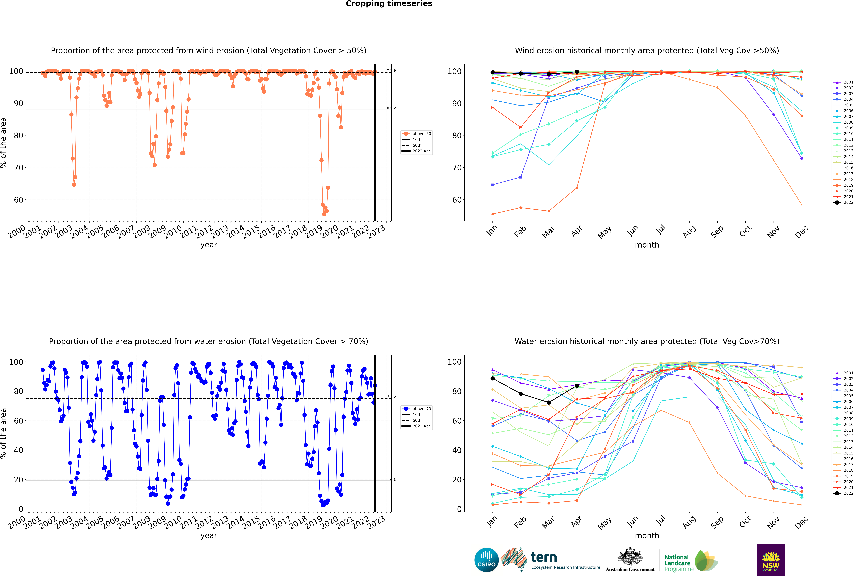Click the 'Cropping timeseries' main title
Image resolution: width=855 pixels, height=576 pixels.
[389, 4]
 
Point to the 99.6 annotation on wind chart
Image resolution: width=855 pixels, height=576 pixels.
[392, 71]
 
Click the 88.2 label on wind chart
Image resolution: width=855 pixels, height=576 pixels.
[392, 107]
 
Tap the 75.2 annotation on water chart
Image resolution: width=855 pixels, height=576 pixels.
[392, 396]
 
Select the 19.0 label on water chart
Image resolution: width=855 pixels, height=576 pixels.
[392, 479]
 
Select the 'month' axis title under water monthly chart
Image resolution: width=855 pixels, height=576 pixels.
[647, 536]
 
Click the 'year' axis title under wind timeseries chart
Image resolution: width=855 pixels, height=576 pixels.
[209, 245]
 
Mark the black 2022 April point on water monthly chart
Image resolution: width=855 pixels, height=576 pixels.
[577, 385]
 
